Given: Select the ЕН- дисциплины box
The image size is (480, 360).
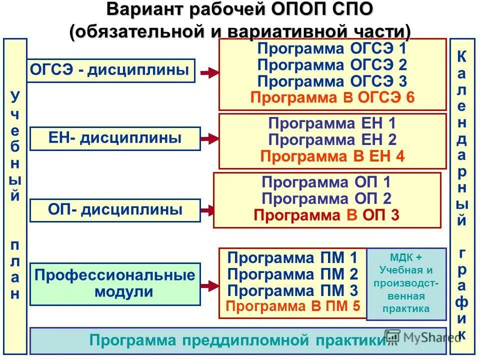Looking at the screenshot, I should (x=115, y=138).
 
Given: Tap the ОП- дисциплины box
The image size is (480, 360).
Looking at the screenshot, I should (x=115, y=210).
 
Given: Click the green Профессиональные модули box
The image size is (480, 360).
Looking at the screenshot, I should (x=115, y=283).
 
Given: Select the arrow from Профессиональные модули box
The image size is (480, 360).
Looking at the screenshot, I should (x=209, y=285).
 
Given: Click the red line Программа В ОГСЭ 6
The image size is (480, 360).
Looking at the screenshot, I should (x=332, y=97).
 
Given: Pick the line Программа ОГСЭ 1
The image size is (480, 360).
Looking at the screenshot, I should (x=332, y=49).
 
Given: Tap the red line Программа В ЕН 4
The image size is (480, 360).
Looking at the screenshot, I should (x=332, y=156).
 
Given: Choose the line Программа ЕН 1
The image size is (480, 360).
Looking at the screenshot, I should (x=332, y=123).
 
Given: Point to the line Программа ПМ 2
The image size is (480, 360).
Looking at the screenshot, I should (x=292, y=274).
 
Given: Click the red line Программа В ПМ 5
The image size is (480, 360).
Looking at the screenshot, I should (x=292, y=306).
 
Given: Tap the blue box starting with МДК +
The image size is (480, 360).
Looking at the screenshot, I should (x=406, y=283).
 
